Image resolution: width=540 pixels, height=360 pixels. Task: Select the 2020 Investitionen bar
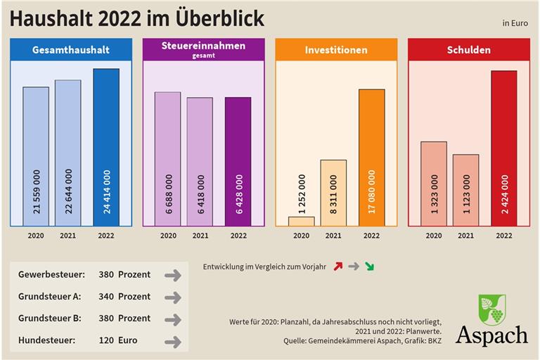[301, 221]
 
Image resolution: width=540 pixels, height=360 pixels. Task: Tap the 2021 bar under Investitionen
[333, 192]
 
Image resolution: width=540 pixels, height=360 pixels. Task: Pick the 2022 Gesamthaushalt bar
[106, 147]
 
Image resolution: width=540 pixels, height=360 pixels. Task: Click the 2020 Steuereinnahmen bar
[167, 158]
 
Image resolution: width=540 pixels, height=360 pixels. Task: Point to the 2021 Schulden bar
[465, 190]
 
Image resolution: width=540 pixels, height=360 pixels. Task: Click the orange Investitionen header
[336, 50]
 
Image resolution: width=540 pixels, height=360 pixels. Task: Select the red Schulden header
[468, 50]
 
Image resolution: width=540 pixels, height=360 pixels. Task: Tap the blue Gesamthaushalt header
[70, 50]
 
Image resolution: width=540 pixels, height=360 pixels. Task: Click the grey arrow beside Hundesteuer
[172, 342]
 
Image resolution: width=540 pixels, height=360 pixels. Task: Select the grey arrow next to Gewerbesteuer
[172, 275]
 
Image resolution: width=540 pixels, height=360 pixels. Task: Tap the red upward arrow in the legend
[338, 267]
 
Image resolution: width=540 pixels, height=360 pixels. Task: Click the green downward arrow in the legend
[369, 267]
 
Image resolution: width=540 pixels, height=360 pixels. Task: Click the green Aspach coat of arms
[491, 309]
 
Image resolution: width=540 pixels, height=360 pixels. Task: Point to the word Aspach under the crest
[491, 335]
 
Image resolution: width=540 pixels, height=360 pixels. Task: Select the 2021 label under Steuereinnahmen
[200, 236]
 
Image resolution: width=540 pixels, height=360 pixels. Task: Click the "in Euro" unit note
[515, 22]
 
